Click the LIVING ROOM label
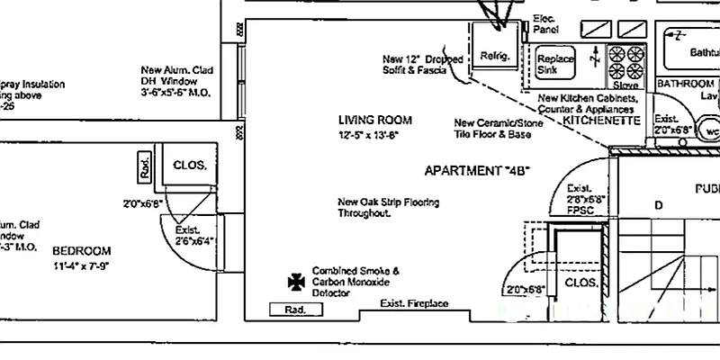(x=374, y=120)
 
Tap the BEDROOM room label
(x=81, y=251)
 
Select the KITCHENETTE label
(x=601, y=120)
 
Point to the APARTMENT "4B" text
(x=478, y=170)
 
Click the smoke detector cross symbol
(x=293, y=282)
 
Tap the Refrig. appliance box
(x=496, y=55)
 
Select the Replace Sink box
(x=555, y=64)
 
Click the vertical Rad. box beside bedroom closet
(x=144, y=166)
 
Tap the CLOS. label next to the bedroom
(x=190, y=166)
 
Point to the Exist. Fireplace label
(x=413, y=303)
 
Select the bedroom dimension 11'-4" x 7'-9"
(x=81, y=265)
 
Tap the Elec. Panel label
(x=545, y=24)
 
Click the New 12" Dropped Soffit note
(x=421, y=64)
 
